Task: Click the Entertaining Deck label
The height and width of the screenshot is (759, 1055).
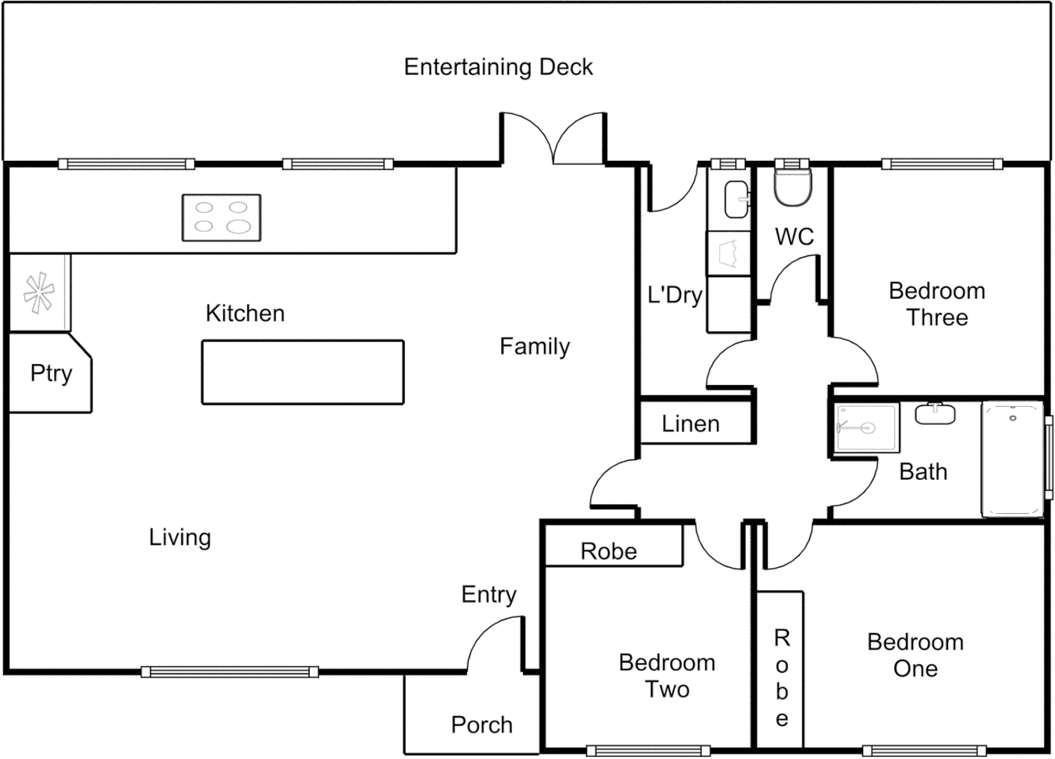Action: (498, 67)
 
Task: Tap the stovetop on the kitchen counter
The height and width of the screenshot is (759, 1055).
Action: (221, 218)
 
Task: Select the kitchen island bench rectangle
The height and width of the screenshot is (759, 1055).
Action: (303, 372)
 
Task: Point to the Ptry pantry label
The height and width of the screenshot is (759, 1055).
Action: (51, 372)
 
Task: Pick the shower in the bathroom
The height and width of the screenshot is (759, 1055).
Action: (866, 427)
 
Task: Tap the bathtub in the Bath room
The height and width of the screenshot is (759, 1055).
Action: (1012, 460)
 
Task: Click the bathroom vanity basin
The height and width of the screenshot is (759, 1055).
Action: (935, 413)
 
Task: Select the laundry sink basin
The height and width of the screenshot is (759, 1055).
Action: (737, 199)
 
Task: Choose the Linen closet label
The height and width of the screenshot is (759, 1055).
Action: (690, 424)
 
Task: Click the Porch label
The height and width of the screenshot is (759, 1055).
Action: (481, 725)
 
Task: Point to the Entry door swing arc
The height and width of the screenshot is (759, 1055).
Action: (492, 640)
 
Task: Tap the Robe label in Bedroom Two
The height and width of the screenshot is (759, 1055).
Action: (609, 552)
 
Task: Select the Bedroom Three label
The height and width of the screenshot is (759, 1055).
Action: (936, 304)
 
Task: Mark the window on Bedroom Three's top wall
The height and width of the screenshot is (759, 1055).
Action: (942, 164)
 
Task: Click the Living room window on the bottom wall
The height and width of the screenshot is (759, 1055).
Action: (230, 672)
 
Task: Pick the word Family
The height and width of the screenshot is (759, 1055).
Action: (534, 346)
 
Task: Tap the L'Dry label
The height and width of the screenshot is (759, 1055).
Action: (674, 295)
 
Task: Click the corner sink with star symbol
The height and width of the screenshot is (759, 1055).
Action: (39, 292)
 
